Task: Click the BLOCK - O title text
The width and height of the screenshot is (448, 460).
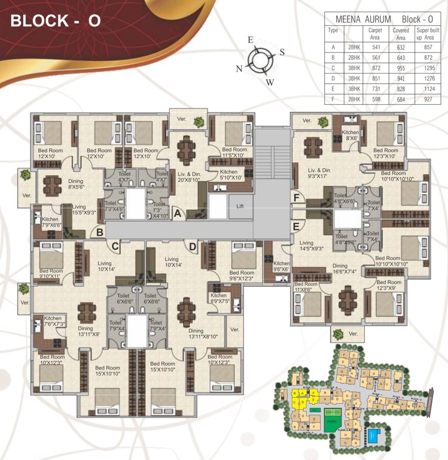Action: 56,21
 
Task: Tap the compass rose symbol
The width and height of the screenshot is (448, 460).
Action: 259,60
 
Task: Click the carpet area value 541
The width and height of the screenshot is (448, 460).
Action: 374,46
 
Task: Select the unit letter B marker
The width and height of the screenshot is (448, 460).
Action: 100,232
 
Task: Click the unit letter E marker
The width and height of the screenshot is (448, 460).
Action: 296,226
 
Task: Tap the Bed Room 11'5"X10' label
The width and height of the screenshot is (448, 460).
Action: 234,152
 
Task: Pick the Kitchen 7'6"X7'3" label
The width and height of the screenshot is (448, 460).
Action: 53,321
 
